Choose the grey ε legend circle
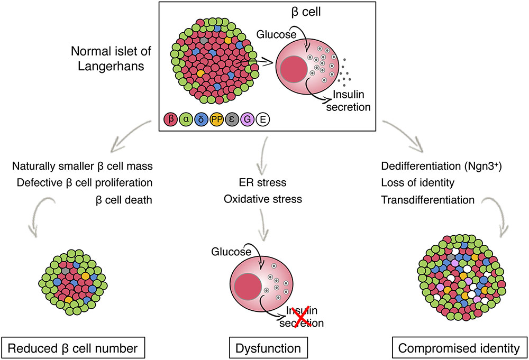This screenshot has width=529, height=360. [232, 120]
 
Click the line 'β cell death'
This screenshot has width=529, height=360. [123, 200]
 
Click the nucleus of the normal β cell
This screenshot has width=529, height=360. [295, 71]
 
